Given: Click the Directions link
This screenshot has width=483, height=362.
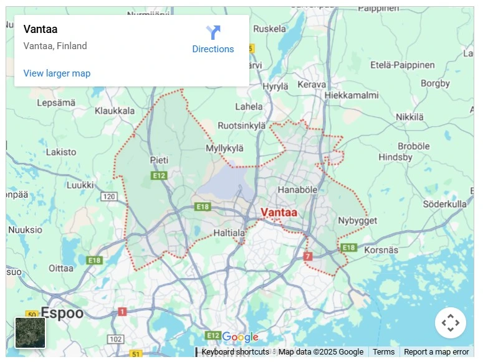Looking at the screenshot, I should click(x=213, y=40).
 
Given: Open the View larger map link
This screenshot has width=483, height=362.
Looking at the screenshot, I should click(x=57, y=73).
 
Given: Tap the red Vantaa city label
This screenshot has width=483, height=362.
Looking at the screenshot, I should click(x=279, y=213).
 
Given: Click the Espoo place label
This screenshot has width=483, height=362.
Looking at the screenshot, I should click(x=62, y=313).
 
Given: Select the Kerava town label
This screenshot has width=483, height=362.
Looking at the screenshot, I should click(x=312, y=85).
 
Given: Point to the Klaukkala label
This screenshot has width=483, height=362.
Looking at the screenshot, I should click(x=115, y=111).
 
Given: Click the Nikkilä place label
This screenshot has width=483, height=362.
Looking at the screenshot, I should click(x=409, y=117).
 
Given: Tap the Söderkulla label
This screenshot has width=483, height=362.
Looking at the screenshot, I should click(x=444, y=204).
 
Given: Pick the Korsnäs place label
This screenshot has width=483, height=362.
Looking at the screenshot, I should click(x=381, y=249).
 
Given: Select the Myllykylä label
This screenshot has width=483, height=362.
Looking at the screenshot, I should click(x=224, y=148).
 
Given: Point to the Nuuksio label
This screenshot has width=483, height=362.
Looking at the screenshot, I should click(x=24, y=230).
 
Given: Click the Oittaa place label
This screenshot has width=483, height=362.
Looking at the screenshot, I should click(x=61, y=268).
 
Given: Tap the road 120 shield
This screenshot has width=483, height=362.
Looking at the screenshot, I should click(x=109, y=197).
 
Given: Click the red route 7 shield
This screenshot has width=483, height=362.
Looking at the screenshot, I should click(x=307, y=256).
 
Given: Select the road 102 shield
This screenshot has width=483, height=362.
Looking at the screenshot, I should click(x=115, y=339).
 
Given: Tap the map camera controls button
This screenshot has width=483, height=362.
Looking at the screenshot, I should click(x=450, y=323).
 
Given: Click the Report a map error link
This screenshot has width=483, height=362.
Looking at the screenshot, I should click(x=436, y=352).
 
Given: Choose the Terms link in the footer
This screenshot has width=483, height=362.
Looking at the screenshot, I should click(x=383, y=352).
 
